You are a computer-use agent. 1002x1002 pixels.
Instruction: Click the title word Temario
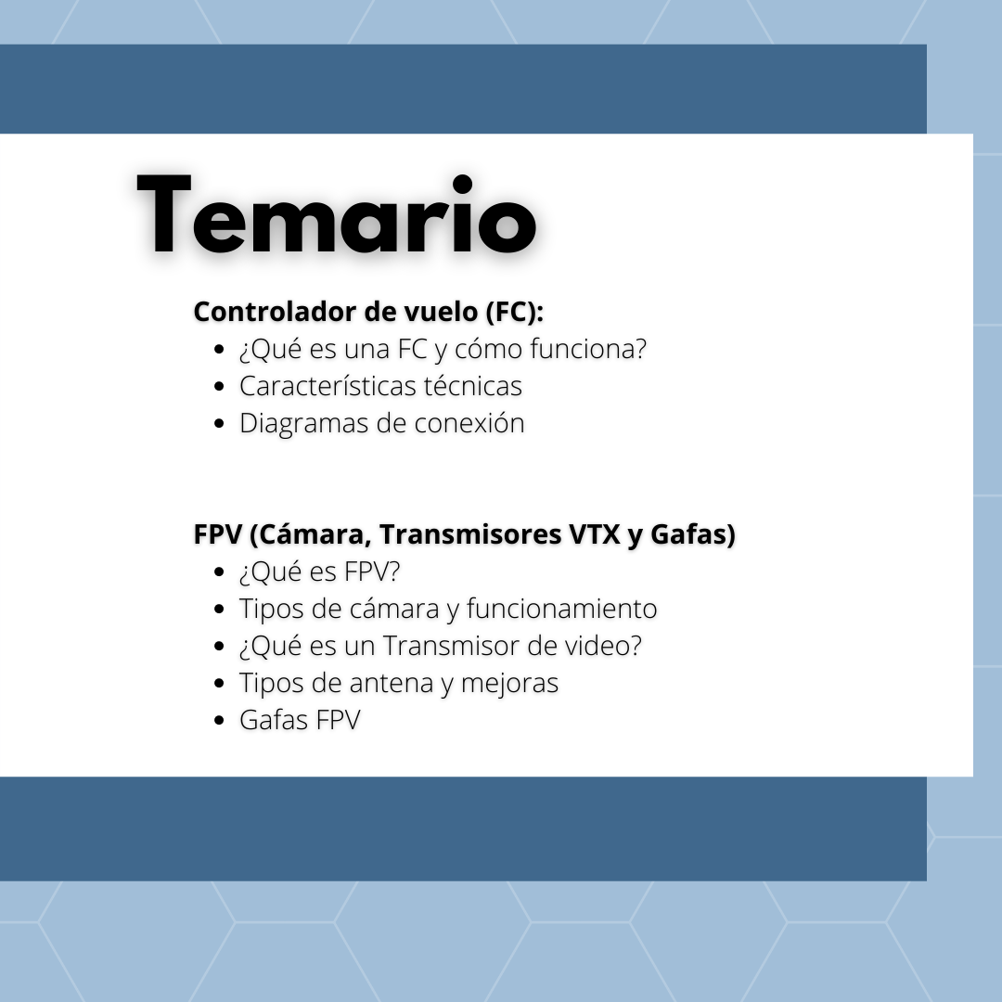coord(337,214)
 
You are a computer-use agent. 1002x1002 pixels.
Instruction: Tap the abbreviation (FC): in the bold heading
coord(514,313)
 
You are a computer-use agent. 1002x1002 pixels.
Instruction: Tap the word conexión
coord(469,423)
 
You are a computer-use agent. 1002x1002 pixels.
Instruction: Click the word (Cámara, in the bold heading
coord(311,535)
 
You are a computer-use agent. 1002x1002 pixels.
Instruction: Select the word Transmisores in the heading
coord(470,534)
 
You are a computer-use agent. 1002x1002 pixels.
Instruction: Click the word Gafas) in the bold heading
coord(693,535)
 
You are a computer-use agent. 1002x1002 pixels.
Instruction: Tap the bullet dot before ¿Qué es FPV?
coord(219,572)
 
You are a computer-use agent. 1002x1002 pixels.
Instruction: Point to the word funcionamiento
coord(561,609)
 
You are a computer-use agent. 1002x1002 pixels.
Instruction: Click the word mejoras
coord(509,684)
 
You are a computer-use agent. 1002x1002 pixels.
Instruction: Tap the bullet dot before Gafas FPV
coord(219,720)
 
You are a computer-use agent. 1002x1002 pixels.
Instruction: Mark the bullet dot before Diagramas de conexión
coord(219,424)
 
